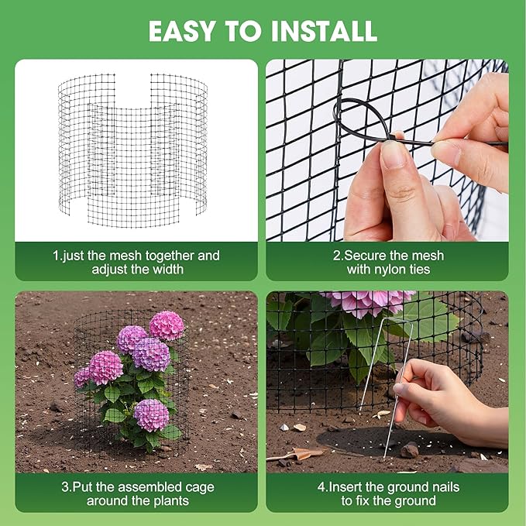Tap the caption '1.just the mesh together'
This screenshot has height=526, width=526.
[136, 255]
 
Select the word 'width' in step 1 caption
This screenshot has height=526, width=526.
[168, 270]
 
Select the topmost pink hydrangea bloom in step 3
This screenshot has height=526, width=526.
[167, 325]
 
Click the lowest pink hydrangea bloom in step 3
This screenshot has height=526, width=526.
[151, 414]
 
